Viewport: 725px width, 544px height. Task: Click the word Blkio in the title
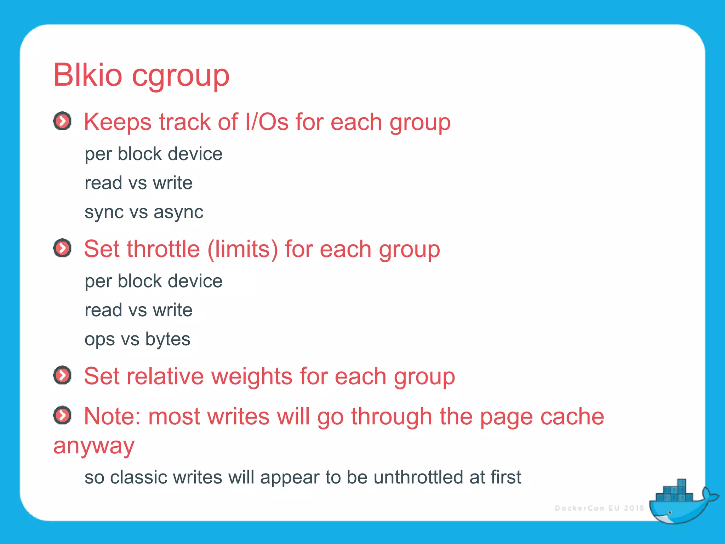click(87, 75)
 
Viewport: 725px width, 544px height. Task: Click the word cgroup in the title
click(181, 76)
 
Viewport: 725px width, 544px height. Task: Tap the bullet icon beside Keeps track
click(62, 121)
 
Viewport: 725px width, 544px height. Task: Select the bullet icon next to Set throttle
click(62, 248)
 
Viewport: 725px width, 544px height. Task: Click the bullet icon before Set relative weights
click(62, 375)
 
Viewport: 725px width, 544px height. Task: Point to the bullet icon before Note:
click(62, 415)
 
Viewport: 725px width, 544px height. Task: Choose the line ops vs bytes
click(137, 339)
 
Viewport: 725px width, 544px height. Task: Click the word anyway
click(94, 446)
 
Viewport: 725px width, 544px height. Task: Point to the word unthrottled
click(418, 477)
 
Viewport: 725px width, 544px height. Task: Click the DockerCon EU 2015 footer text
click(599, 508)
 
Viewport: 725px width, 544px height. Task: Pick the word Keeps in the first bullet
click(118, 122)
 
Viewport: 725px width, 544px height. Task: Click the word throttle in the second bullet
click(163, 249)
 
